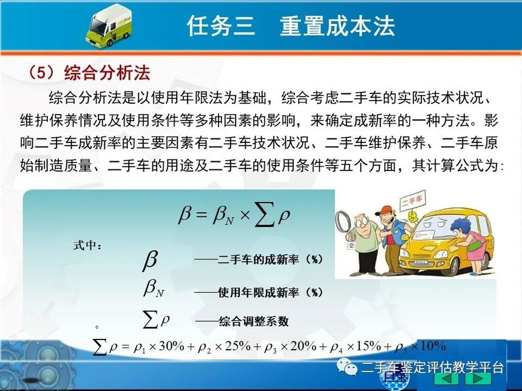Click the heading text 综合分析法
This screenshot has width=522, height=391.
107,73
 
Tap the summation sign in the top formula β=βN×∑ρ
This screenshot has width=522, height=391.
264,215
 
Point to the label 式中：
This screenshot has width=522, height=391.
88,246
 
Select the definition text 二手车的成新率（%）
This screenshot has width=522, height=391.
270,259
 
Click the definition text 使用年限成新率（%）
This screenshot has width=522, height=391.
270,292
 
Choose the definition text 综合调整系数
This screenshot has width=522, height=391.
254,321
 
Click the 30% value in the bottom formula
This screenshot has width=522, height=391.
171,347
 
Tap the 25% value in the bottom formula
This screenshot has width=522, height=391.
237,347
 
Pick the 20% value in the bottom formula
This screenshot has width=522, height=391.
303,347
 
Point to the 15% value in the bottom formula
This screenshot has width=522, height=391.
368,347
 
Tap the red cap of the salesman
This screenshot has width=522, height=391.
386,211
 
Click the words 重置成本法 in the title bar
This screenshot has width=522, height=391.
337,25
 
